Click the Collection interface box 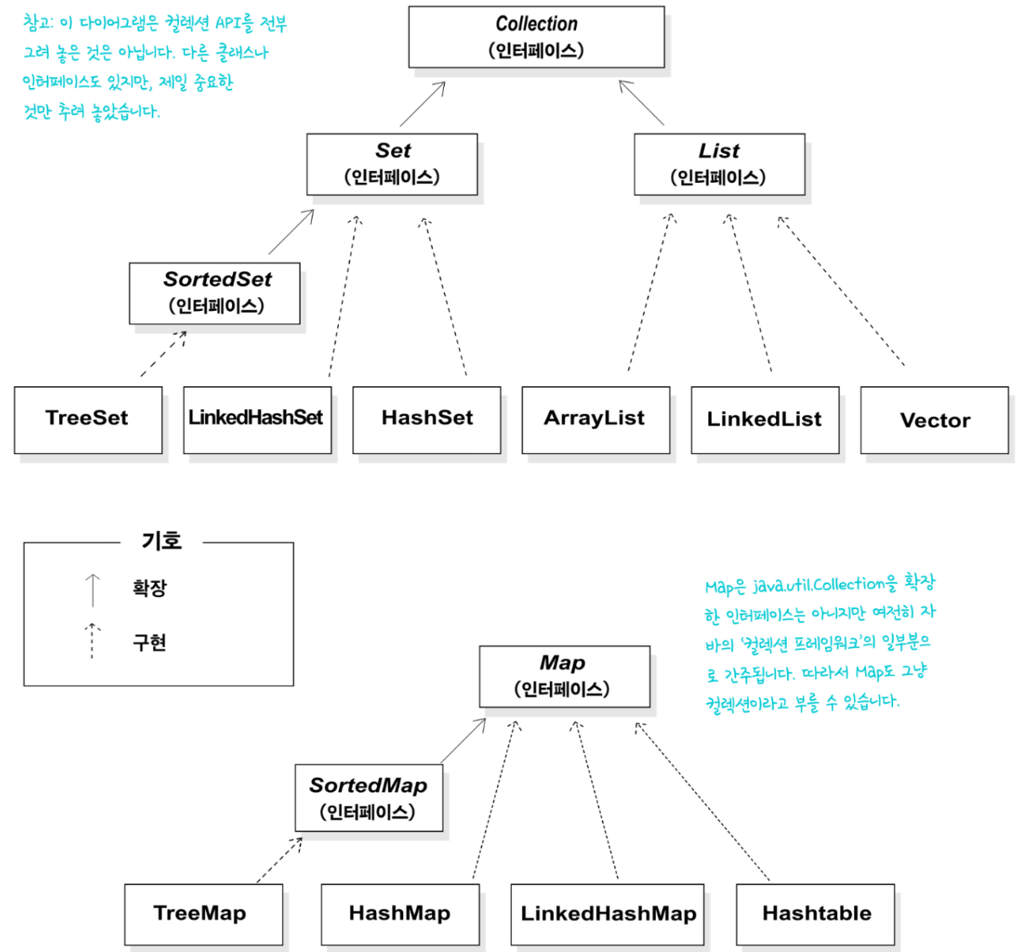(x=535, y=37)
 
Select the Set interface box (x=392, y=164)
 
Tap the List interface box (x=719, y=164)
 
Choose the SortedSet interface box (x=214, y=293)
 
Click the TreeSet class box (x=88, y=420)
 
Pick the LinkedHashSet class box (x=258, y=420)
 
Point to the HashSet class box (x=426, y=420)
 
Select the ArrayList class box (x=596, y=420)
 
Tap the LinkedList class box (x=765, y=420)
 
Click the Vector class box (x=934, y=420)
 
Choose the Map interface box (x=564, y=676)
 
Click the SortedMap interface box (x=369, y=798)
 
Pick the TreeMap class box (x=203, y=914)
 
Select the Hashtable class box (x=815, y=914)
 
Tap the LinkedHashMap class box (x=607, y=914)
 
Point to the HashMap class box (x=400, y=914)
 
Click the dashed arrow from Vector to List (x=840, y=291)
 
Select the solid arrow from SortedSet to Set (x=291, y=231)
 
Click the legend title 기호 (x=161, y=540)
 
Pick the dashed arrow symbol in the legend (x=92, y=640)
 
